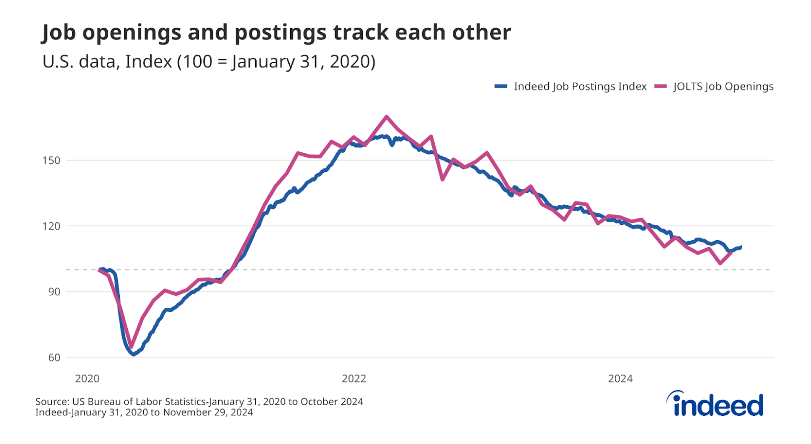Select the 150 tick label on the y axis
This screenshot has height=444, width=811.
tap(51, 160)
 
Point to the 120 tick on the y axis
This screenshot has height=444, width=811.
tap(51, 226)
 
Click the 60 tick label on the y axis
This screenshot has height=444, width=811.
tap(54, 357)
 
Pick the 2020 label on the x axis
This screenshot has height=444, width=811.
tap(87, 379)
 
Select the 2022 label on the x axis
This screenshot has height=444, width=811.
tap(354, 379)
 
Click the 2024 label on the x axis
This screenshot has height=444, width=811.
tap(620, 379)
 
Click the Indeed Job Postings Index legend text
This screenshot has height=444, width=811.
tap(580, 87)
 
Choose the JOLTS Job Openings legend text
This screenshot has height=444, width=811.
tap(723, 87)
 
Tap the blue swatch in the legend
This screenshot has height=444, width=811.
tap(501, 87)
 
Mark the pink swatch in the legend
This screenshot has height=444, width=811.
tap(661, 87)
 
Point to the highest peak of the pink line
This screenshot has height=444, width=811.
tap(386, 116)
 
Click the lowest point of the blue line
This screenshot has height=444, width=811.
tap(134, 355)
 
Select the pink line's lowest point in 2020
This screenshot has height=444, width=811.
tap(131, 346)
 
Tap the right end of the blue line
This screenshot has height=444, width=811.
tap(741, 247)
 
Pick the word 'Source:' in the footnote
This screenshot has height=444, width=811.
tap(52, 402)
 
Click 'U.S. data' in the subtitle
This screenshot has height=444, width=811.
tap(78, 62)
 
